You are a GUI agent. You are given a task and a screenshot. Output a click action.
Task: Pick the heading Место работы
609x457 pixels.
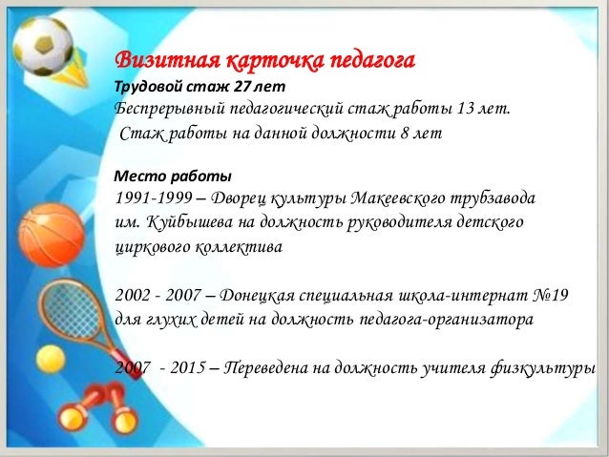(x=173, y=177)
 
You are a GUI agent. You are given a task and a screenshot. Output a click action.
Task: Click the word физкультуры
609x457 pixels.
(x=543, y=368)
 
